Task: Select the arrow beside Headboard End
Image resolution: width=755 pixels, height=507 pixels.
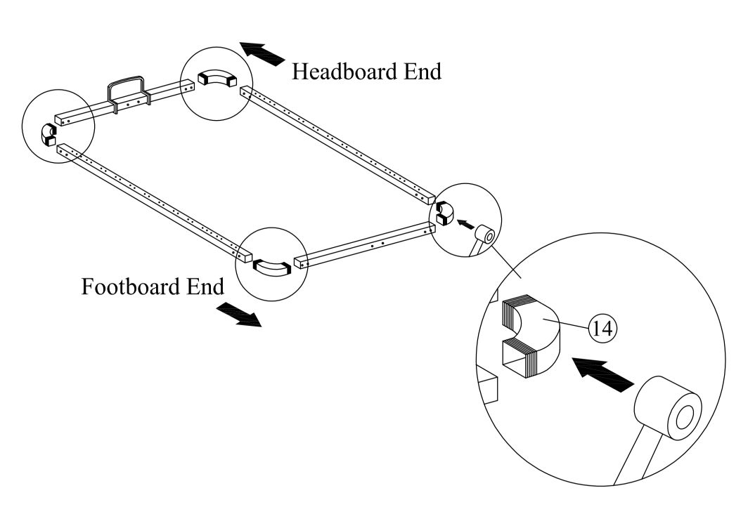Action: click(262, 53)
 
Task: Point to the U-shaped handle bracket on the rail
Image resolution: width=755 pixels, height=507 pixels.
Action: click(126, 90)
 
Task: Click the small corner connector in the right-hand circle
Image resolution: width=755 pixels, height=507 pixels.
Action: click(444, 212)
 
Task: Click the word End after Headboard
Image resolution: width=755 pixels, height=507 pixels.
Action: click(419, 72)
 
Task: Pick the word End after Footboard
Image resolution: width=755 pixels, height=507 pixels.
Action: click(205, 287)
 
